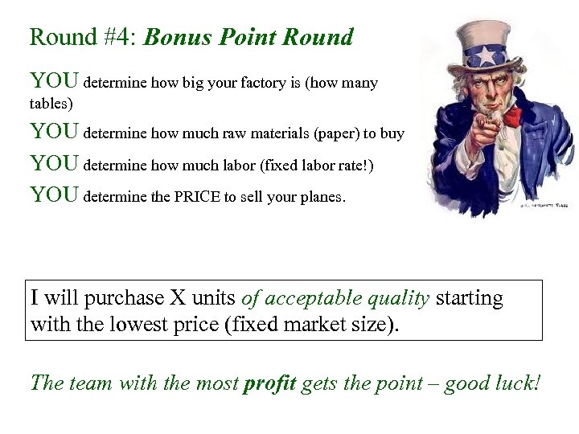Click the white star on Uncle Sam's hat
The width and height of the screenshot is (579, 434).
point(487,55)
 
